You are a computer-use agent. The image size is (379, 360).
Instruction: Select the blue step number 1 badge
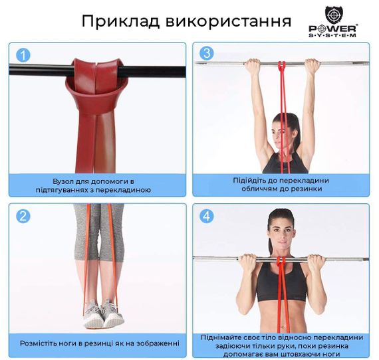23,55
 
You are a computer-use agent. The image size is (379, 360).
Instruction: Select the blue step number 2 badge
23,216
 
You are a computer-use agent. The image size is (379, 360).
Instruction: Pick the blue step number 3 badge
207,54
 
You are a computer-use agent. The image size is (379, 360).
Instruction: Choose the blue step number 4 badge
207,216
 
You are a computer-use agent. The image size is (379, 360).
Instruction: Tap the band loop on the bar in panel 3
281,65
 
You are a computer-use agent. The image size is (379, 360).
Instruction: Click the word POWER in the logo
332,29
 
